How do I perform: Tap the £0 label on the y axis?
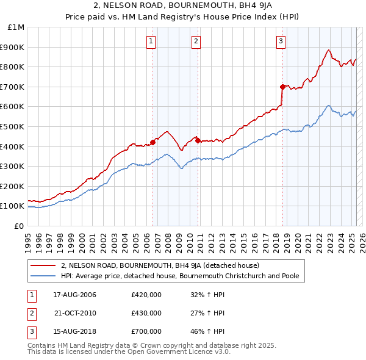[20, 226]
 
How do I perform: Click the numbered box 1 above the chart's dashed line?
[151, 41]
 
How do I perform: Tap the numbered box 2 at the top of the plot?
[196, 41]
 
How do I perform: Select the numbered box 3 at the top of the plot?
[281, 41]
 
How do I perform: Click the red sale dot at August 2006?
[152, 142]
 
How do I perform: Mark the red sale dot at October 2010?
[198, 140]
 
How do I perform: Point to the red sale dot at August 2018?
[282, 87]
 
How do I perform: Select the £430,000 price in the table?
[146, 313]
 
